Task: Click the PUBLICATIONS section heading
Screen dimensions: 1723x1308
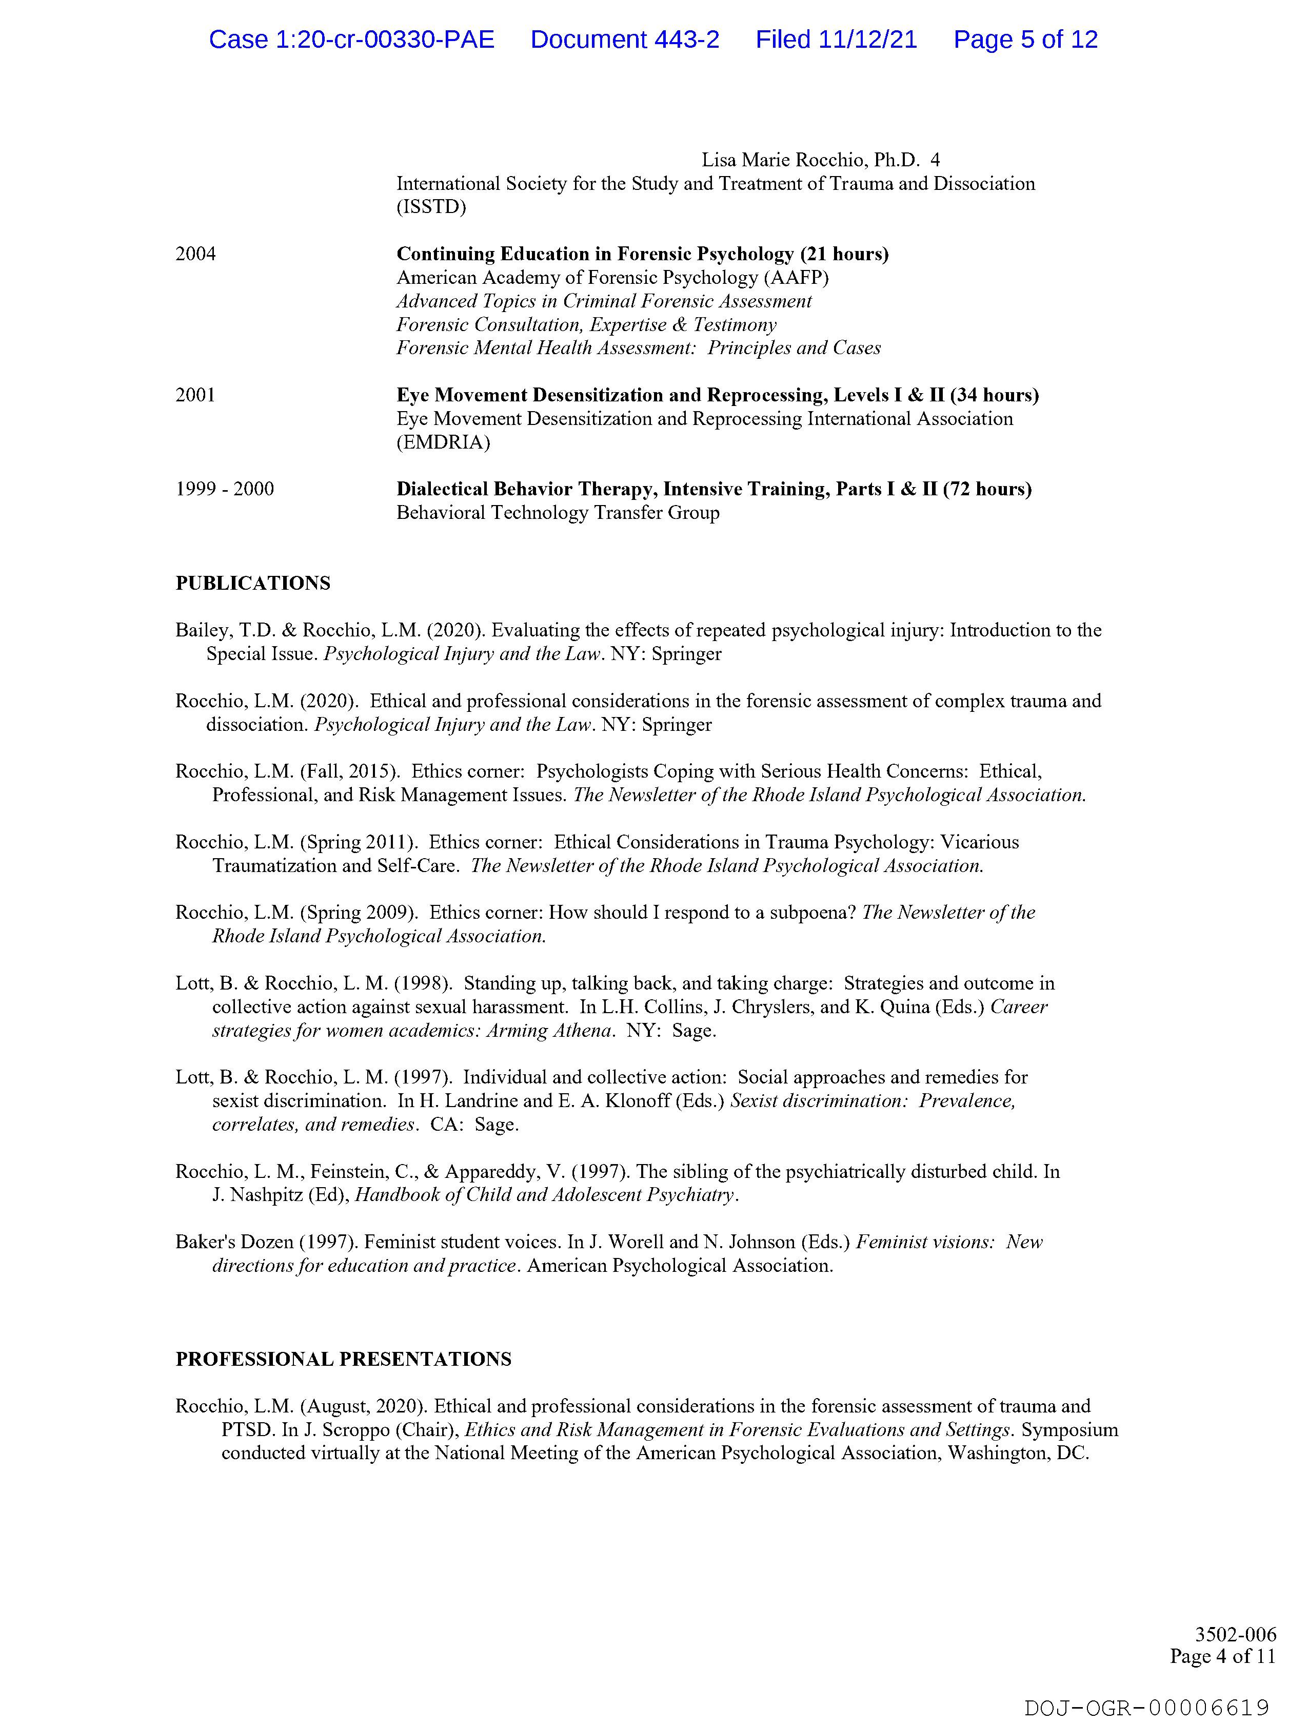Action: (x=252, y=584)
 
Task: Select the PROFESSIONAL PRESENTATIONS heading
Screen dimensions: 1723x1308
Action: (x=343, y=1359)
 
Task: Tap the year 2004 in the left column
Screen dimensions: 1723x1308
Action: (x=195, y=254)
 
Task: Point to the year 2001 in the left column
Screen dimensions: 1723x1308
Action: (x=195, y=395)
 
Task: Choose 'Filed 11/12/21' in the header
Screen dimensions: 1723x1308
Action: (x=836, y=40)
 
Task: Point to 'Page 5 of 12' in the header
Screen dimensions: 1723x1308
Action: (x=1025, y=40)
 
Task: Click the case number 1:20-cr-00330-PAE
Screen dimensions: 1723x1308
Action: (x=385, y=40)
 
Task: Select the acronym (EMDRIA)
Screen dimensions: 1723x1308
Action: (x=443, y=442)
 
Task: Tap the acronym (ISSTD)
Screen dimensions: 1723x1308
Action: (x=431, y=207)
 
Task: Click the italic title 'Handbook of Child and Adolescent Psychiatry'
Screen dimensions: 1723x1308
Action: (x=544, y=1195)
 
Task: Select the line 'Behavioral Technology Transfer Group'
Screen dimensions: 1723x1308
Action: (x=558, y=513)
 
